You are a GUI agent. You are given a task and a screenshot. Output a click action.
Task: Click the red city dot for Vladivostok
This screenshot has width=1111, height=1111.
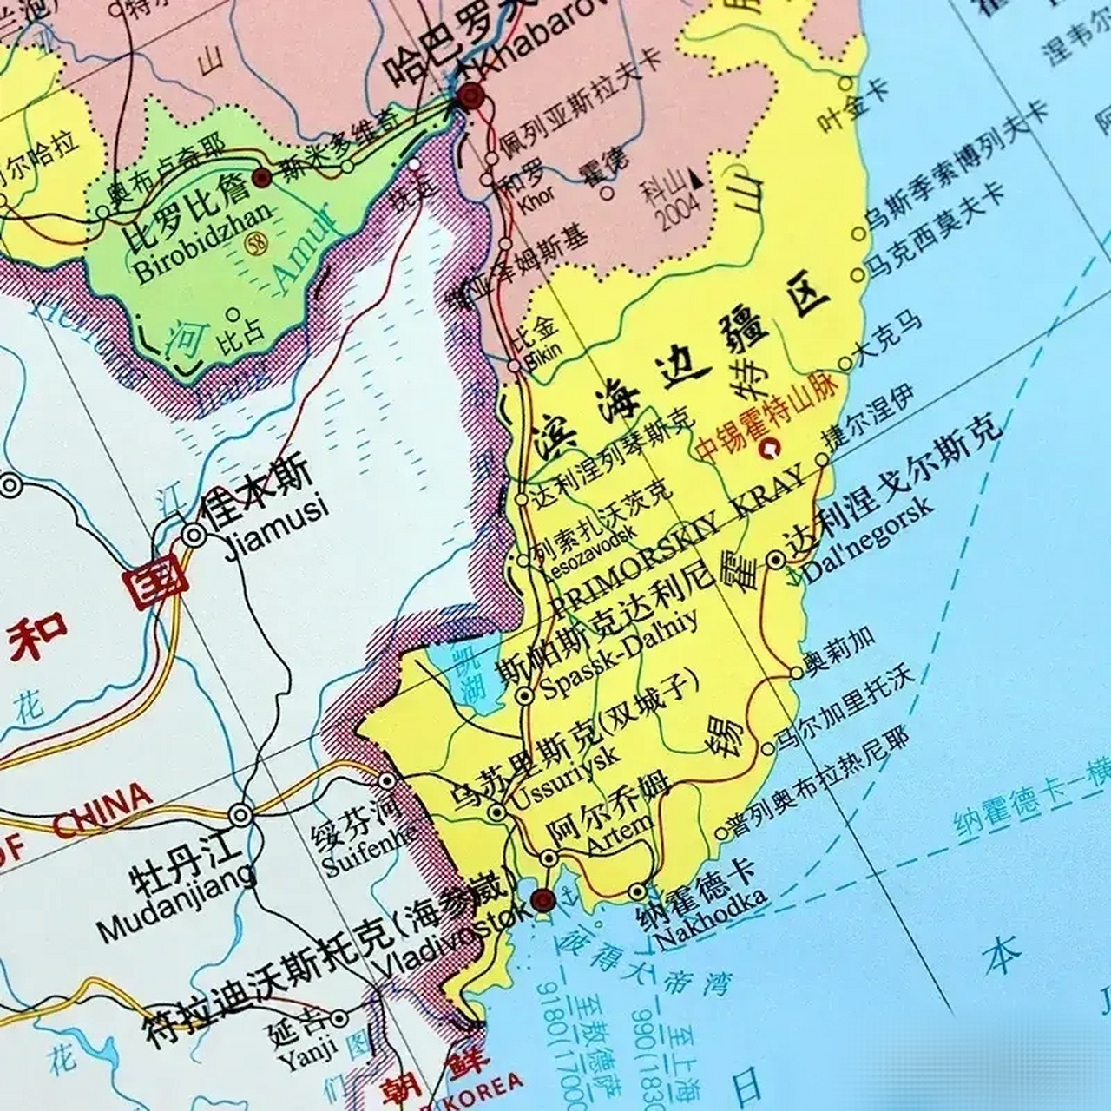[x=542, y=898]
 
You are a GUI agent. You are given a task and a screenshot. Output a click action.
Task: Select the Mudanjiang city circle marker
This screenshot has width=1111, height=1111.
[x=240, y=815]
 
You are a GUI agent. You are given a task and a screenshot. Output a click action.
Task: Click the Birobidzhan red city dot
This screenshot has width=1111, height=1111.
[x=262, y=178]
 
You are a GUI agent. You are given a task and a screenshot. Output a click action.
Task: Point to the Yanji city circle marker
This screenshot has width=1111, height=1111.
[x=339, y=1018]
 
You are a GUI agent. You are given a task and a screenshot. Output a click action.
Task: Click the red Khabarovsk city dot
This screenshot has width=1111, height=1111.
[x=472, y=96]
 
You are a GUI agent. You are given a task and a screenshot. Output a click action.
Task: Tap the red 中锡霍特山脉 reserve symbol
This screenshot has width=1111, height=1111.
[x=768, y=449]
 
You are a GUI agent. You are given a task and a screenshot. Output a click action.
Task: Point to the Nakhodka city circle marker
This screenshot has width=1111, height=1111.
[x=638, y=891]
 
